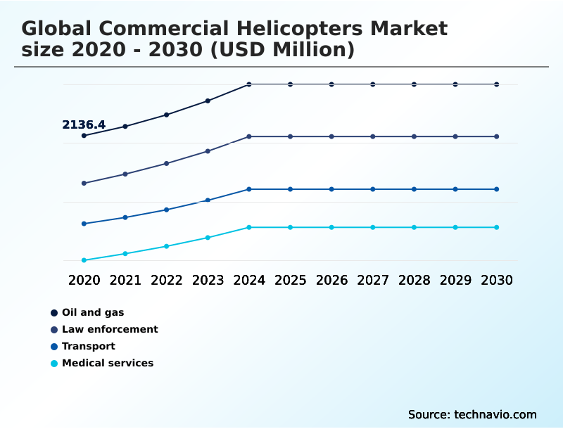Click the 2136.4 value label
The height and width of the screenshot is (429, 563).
[84, 125]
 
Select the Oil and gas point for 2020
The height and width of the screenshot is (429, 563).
[84, 136]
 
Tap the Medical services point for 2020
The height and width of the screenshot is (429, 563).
[84, 260]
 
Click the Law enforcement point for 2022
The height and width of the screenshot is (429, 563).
[167, 163]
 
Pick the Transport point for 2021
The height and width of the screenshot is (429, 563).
[125, 217]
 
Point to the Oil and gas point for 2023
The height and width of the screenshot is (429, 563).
[208, 101]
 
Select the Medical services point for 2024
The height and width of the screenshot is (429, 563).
[249, 227]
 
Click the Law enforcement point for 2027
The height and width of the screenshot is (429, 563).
[373, 136]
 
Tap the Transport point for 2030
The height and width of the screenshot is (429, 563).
[497, 189]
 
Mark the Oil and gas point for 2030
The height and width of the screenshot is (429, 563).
[497, 84]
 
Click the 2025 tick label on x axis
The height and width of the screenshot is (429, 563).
[290, 280]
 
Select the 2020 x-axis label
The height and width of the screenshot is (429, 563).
[84, 280]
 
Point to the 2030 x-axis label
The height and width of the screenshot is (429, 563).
[497, 280]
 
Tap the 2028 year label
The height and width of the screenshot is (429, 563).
[414, 280]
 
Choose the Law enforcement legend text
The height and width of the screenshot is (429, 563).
[110, 329]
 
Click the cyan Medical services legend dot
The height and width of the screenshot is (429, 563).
[54, 364]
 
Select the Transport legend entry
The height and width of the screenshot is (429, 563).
[89, 346]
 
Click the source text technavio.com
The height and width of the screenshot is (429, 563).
[472, 414]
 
